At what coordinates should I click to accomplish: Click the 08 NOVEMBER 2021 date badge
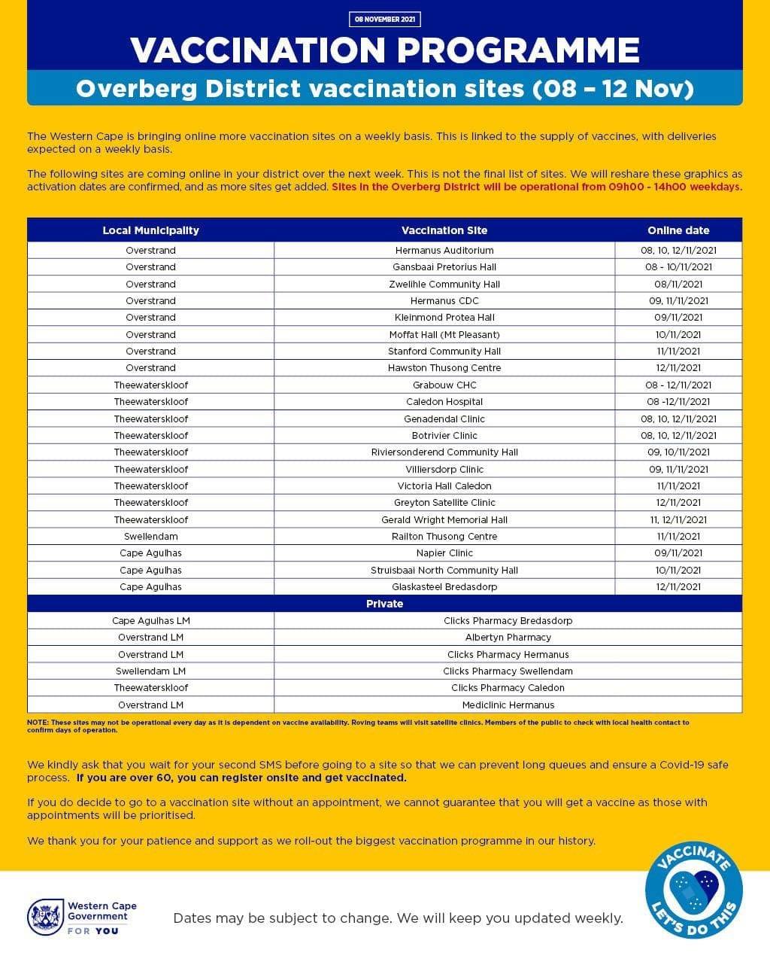(x=384, y=19)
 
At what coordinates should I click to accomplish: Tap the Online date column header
(x=678, y=230)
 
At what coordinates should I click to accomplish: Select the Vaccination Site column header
(x=444, y=230)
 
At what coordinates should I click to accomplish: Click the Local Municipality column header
(x=150, y=230)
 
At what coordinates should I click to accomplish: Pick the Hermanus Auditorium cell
(x=444, y=250)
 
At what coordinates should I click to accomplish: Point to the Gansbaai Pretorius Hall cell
(x=444, y=266)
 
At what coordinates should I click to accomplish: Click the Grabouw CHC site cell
(x=444, y=385)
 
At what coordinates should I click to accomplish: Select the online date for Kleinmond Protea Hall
(x=678, y=318)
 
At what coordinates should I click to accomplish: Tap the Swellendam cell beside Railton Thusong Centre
(x=150, y=536)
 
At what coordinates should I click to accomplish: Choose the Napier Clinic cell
(x=444, y=553)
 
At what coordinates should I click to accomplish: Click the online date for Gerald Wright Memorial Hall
(x=678, y=519)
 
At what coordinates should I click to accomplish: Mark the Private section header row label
(x=384, y=604)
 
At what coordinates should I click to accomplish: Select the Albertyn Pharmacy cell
(x=508, y=637)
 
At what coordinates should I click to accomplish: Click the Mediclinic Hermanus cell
(x=508, y=705)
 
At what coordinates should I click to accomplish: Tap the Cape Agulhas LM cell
(x=150, y=620)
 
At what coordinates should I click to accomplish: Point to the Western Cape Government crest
(x=45, y=917)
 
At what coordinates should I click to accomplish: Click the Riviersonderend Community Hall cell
(x=444, y=452)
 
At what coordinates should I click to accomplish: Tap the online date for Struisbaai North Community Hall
(x=678, y=570)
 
